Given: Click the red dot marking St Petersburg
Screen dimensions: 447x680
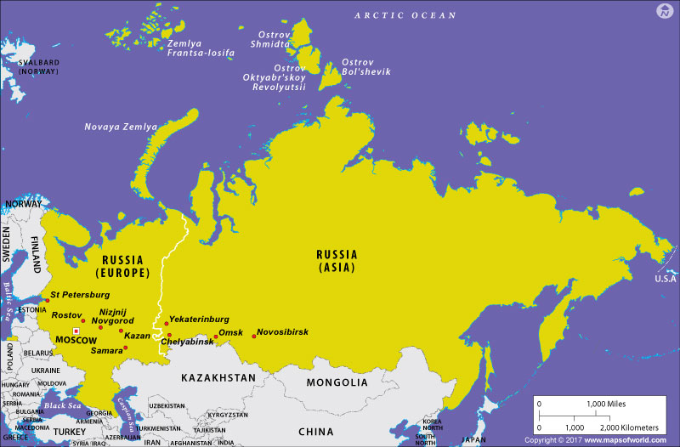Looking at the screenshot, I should pos(48,300).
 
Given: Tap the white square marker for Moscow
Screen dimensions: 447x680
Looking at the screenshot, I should pos(76,331).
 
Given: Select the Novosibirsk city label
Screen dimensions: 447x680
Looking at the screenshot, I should pos(282,331).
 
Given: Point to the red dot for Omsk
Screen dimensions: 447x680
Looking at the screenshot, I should pos(215,337).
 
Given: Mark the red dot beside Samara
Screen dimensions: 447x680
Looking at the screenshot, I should pos(126,348).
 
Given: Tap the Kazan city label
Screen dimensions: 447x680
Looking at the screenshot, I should pos(137,336).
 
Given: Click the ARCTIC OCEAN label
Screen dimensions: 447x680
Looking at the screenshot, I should pos(405,15).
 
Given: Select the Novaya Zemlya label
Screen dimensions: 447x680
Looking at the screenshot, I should pos(121,127).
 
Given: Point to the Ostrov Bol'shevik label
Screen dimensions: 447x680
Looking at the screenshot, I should pos(365,67).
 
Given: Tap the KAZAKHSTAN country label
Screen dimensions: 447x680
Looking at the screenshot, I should pos(216,377).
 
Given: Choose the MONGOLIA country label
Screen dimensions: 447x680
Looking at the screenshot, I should pos(337,382).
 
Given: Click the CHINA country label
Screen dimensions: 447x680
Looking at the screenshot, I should pos(315,432).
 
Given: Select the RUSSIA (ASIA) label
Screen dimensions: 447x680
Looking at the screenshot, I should pos(337,260).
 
